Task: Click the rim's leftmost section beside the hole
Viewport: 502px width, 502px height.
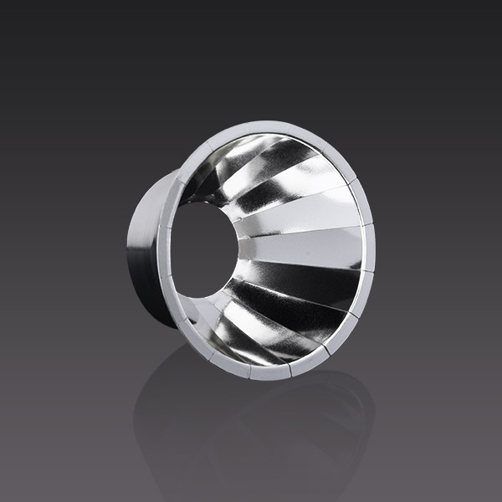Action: coord(172,251)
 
